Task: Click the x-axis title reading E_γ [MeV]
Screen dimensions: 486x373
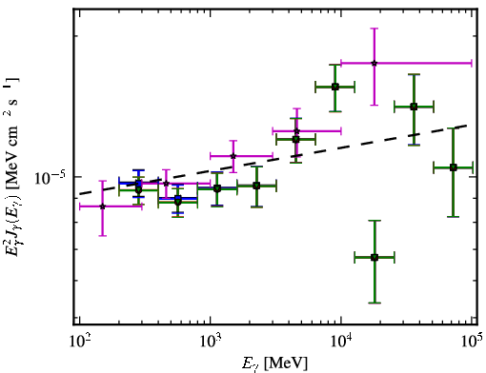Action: [274, 363]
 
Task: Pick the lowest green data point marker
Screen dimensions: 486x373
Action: [375, 257]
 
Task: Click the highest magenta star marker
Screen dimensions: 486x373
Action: [375, 63]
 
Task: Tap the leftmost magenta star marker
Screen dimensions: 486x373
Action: [102, 206]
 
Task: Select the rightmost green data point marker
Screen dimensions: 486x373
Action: [454, 167]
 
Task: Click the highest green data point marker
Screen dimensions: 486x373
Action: [335, 87]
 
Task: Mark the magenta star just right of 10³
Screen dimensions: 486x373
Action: [233, 156]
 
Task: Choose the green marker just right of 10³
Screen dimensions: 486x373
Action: [217, 188]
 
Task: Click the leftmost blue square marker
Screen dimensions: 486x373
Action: [138, 183]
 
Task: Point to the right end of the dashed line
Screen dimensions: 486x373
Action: [467, 126]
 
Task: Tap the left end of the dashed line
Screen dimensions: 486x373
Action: [80, 194]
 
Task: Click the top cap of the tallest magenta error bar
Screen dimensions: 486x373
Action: [375, 29]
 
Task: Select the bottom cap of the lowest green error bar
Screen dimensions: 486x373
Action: [375, 304]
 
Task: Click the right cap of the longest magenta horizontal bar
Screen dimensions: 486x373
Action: [472, 63]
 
